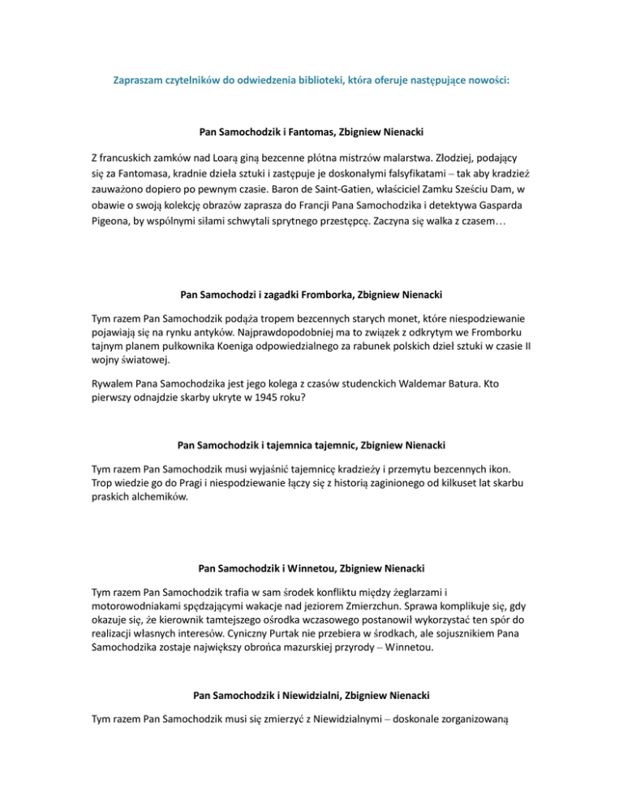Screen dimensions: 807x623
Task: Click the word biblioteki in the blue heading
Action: click(331, 82)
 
